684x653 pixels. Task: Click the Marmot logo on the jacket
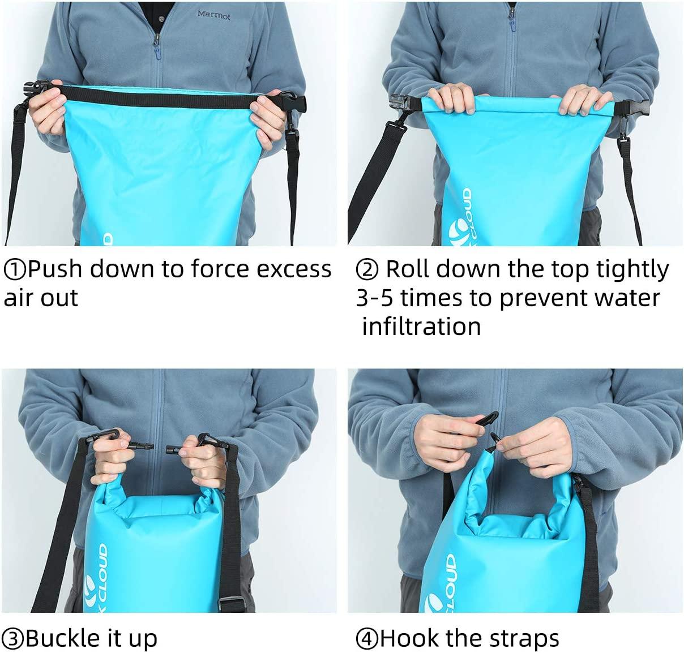click(x=213, y=16)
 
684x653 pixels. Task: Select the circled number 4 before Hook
click(x=367, y=639)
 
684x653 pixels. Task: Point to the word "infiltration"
click(x=421, y=326)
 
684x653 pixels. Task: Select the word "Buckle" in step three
click(x=60, y=638)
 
